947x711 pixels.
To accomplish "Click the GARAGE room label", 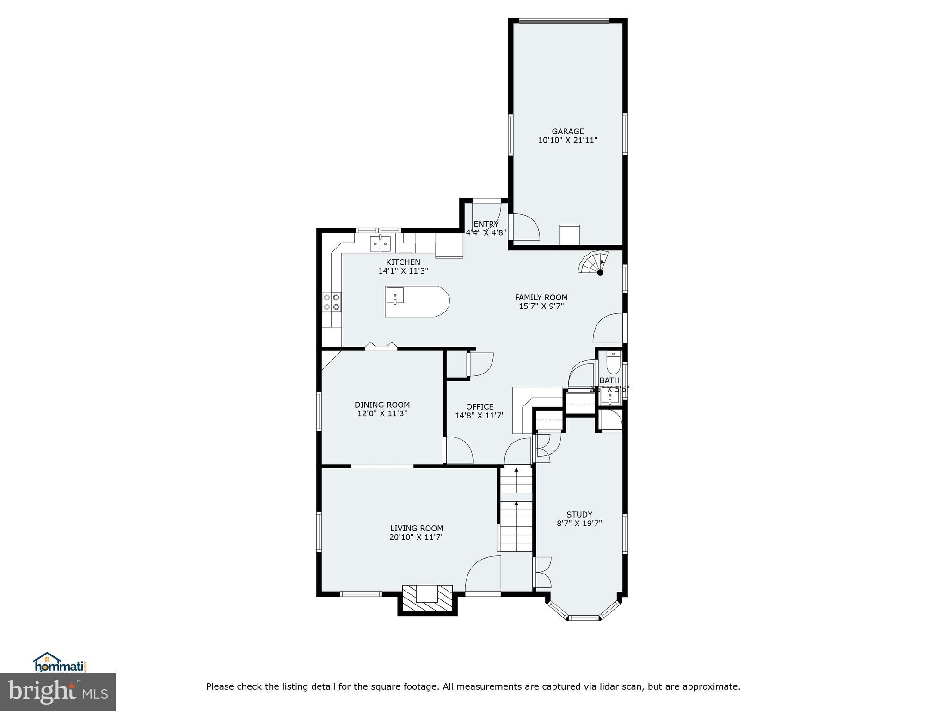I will tap(567, 131).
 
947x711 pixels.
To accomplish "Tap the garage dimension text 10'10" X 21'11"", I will tap(567, 140).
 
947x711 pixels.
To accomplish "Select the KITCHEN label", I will tap(403, 262).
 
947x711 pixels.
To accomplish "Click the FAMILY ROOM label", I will tap(541, 298).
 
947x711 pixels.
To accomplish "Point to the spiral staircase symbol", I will tap(594, 263).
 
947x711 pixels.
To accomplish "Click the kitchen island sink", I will tap(395, 295).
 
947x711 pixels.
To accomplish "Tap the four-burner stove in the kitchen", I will tap(332, 302).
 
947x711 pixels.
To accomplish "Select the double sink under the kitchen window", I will tap(380, 243).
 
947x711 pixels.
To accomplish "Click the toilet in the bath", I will tap(613, 363).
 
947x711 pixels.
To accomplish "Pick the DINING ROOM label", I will tap(382, 405).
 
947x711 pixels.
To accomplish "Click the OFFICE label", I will tap(480, 407).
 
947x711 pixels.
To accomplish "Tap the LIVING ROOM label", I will tap(416, 528).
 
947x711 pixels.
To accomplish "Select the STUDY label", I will tap(579, 515).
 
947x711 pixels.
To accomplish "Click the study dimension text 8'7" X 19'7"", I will tap(579, 524).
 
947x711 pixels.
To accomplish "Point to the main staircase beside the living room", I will tap(516, 509).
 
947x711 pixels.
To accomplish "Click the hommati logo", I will tap(60, 662).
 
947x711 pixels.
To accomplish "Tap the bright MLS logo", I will tap(57, 692).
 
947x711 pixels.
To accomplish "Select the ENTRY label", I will tap(486, 224).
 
